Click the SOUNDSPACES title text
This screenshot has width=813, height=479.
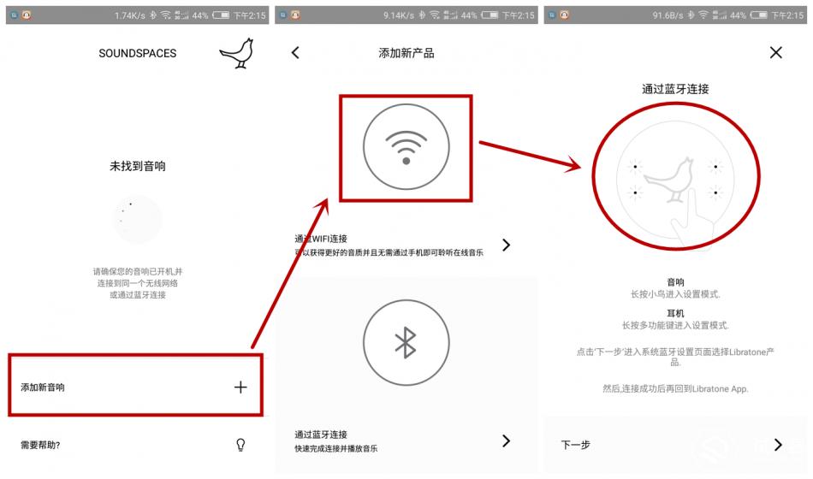(x=137, y=53)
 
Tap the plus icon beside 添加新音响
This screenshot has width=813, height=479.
(x=240, y=387)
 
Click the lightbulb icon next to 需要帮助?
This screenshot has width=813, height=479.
(x=240, y=444)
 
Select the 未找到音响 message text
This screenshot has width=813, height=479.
(x=137, y=167)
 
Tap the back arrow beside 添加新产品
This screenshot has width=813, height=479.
(x=295, y=53)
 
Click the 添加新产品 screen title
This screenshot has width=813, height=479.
(x=406, y=53)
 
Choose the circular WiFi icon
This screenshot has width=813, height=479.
(x=406, y=150)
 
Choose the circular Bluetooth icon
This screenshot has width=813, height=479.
(x=406, y=342)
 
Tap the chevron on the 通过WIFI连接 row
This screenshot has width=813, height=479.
(x=506, y=245)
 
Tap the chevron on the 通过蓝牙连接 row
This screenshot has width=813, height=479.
(x=506, y=441)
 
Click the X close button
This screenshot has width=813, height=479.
(x=775, y=53)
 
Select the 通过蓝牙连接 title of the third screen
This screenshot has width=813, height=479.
(x=675, y=89)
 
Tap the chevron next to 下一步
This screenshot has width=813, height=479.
(x=777, y=444)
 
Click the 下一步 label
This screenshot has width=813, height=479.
(x=575, y=445)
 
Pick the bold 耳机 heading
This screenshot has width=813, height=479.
(x=675, y=314)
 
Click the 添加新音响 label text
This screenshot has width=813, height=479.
(x=43, y=387)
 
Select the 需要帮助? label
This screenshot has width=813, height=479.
(x=40, y=445)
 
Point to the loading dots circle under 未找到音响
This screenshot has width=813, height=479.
(x=137, y=219)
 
